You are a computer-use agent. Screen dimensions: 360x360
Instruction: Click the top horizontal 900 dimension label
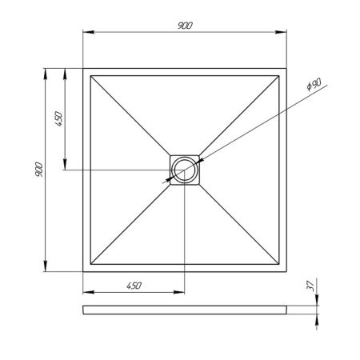pyautogui.click(x=186, y=24)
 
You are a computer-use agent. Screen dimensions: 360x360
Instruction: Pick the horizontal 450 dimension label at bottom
pyautogui.click(x=134, y=286)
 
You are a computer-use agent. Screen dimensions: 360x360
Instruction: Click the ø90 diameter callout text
pyautogui.click(x=314, y=84)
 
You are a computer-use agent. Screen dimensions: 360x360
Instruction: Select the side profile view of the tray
pyautogui.click(x=186, y=309)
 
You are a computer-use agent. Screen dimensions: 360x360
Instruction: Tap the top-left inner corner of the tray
pyautogui.click(x=91, y=75)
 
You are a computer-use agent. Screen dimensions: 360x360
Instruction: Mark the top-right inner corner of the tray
pyautogui.click(x=280, y=75)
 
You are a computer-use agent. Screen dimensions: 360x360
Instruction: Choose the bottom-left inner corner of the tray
pyautogui.click(x=91, y=264)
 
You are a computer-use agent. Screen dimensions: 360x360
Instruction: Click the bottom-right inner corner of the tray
pyautogui.click(x=280, y=264)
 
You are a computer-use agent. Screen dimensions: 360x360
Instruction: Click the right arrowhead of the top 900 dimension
pyautogui.click(x=283, y=32)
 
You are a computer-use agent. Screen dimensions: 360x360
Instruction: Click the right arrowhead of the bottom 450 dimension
pyautogui.click(x=181, y=293)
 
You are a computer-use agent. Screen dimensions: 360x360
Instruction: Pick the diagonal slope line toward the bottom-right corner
pyautogui.click(x=240, y=224)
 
